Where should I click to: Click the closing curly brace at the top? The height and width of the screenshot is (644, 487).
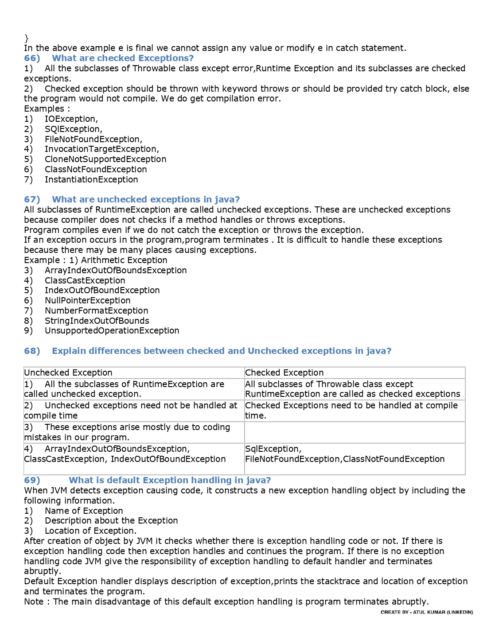(27, 38)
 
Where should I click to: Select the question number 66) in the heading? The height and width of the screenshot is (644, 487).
(32, 58)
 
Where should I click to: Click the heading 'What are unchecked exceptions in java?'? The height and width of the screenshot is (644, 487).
(146, 199)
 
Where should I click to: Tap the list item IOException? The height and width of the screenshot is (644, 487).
(71, 119)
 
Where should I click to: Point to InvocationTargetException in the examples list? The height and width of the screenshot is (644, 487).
(101, 149)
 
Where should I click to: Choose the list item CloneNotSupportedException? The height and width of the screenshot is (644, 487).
(105, 159)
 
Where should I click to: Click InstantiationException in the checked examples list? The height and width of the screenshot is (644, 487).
(91, 179)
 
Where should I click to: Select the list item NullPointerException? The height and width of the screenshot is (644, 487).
(87, 300)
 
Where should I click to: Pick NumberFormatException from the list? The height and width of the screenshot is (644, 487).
(96, 310)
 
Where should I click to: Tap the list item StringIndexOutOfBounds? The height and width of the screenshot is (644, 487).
(97, 321)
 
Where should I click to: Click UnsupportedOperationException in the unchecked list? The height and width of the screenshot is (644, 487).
(112, 330)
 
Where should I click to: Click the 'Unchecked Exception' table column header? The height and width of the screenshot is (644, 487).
(68, 372)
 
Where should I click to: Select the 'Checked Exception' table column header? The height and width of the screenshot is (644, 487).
(284, 372)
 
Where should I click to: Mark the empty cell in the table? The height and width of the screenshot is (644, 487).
(354, 432)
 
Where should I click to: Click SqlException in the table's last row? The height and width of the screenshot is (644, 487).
(273, 449)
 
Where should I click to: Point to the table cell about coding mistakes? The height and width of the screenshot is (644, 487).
(133, 432)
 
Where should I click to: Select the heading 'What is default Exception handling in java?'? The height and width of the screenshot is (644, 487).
(170, 480)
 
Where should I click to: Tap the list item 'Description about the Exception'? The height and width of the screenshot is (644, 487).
(111, 520)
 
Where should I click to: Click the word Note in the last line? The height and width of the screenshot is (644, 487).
(34, 601)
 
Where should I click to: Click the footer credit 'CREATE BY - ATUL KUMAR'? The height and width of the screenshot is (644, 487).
(426, 612)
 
